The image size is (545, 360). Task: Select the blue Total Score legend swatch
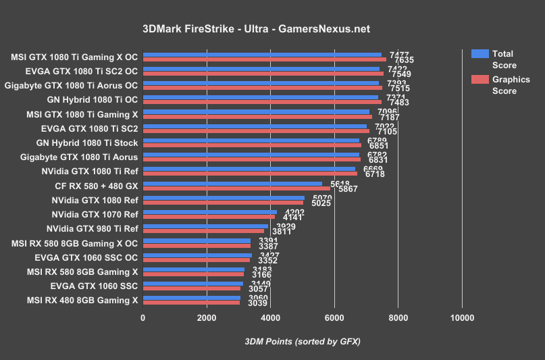479,54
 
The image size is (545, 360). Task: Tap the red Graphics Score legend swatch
479,79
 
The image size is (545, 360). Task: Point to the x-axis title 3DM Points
302,341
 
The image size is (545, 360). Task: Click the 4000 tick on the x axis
270,317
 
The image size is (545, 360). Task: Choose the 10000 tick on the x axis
462,317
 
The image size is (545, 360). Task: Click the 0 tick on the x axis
142,317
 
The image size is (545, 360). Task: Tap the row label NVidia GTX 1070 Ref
94,214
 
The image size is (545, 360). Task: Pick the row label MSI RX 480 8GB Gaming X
82,300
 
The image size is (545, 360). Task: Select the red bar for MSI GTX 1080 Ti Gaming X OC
264,59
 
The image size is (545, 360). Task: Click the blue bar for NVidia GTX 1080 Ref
224,198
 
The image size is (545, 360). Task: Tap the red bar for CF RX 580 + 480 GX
236,188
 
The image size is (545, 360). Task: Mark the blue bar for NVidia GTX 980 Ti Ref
205,226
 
